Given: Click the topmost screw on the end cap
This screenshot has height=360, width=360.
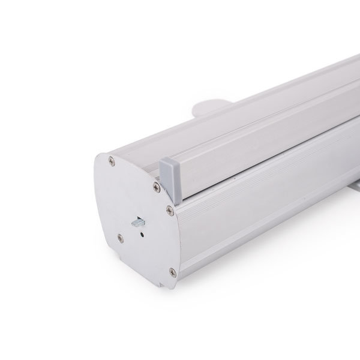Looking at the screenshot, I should (112, 160).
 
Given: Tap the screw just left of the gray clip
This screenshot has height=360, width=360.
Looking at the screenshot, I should (157, 188).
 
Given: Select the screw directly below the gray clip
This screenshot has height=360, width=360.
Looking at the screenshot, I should (170, 209).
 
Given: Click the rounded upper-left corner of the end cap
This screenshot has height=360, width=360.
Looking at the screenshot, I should (102, 157).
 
